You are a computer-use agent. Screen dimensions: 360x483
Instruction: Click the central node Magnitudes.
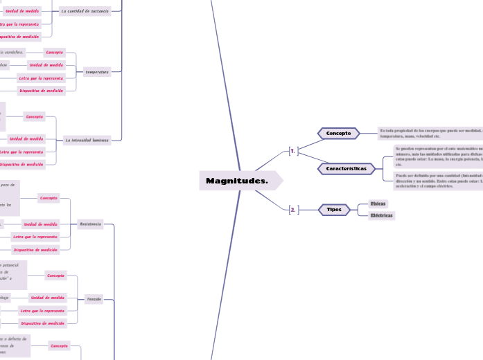tap(237, 181)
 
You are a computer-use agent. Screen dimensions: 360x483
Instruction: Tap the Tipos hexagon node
tap(334, 209)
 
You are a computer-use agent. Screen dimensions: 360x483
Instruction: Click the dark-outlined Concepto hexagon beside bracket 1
tap(338, 133)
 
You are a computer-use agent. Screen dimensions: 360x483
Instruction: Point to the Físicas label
tap(378, 204)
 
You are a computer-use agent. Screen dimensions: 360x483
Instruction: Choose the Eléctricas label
tap(382, 215)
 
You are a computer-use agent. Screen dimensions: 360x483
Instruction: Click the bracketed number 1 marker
tap(293, 150)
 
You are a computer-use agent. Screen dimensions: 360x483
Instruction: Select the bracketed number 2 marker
tap(293, 209)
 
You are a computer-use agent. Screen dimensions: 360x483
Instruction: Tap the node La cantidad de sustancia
tap(85, 11)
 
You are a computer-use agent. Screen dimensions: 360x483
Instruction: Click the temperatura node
tap(96, 71)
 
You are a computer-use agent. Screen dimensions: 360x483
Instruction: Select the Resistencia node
tap(90, 224)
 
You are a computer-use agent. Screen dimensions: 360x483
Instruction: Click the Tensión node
tap(94, 299)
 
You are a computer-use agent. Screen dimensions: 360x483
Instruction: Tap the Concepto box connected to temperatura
tap(54, 52)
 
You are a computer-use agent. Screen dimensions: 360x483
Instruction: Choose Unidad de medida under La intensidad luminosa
tap(26, 138)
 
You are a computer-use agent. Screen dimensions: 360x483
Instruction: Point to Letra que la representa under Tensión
tap(42, 310)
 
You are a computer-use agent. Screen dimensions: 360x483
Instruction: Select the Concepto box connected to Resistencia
tap(49, 198)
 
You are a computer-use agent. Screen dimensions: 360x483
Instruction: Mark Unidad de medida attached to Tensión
tap(47, 297)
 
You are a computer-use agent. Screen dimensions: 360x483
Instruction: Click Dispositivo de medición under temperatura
tap(42, 90)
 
